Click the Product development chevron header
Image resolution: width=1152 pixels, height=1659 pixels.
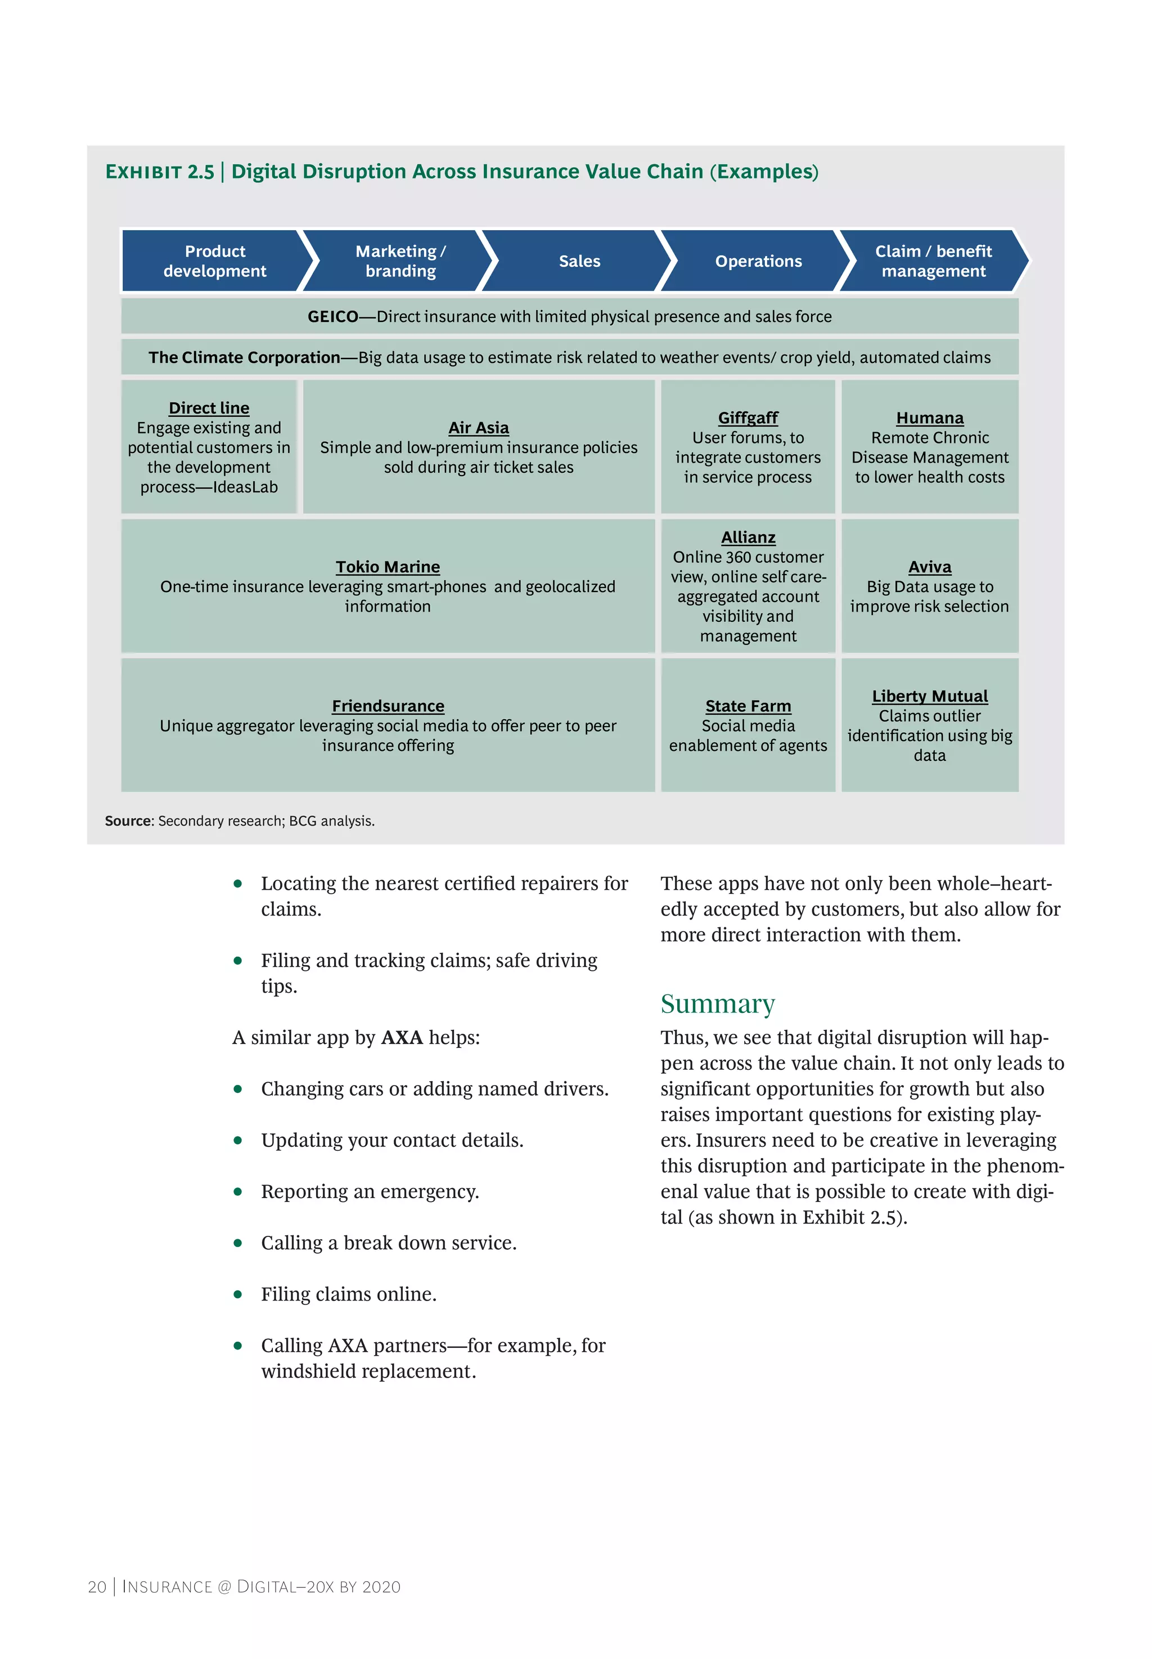coord(214,261)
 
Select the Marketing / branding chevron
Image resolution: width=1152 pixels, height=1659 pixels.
coord(400,261)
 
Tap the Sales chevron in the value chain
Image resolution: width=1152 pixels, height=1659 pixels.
coord(579,261)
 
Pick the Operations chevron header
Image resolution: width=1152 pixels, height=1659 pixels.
coord(758,261)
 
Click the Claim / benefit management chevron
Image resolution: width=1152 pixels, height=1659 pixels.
coord(933,261)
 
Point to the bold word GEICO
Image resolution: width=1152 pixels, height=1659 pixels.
coord(333,316)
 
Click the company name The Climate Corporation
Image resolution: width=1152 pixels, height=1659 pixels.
coord(244,357)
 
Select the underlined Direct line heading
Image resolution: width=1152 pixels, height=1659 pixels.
coord(209,408)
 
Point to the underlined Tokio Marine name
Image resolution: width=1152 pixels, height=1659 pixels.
coord(388,567)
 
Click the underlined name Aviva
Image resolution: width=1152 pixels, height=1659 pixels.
coord(930,567)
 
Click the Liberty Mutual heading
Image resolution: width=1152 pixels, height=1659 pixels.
coord(930,696)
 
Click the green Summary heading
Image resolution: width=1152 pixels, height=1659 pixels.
coord(718,1003)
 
